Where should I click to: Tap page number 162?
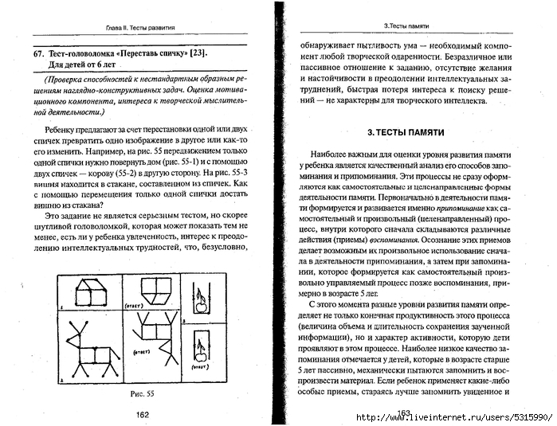click(x=143, y=413)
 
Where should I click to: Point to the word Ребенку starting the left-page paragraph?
click(x=63, y=128)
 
